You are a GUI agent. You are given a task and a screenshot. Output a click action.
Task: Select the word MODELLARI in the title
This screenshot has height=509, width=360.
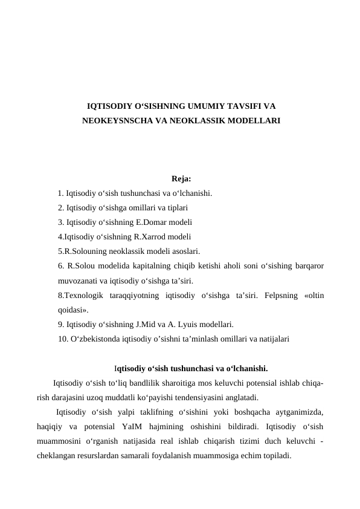[254, 120]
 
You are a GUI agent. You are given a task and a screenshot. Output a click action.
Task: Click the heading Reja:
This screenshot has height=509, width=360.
[181, 178]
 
